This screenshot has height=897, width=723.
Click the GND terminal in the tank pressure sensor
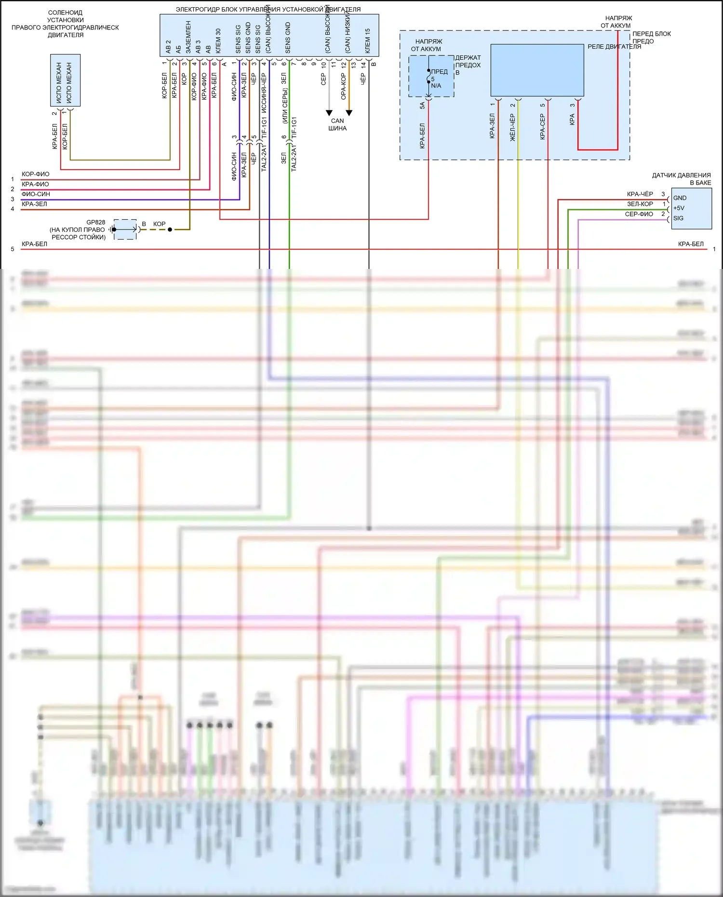coord(680,198)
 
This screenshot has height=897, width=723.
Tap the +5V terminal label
coord(679,208)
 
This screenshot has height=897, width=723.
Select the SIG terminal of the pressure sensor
coord(678,218)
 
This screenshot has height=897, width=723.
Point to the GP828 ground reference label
coord(95,222)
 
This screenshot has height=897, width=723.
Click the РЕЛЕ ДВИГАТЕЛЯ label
coord(614,47)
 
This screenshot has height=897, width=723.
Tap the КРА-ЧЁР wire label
coord(640,194)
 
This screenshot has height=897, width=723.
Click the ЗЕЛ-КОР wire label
coord(640,204)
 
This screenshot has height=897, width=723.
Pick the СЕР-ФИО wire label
coord(639,214)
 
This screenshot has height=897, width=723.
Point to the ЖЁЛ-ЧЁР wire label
coord(513,128)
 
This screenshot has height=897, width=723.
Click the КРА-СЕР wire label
coord(542,127)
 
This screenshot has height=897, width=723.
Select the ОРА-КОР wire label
coord(344,86)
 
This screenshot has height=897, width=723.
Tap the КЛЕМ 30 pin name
coord(218,40)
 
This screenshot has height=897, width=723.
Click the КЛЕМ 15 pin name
coord(368,40)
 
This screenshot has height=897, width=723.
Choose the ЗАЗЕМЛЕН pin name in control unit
coord(188,37)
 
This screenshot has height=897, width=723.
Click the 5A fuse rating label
coord(422,105)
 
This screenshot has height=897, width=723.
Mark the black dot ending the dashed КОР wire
coord(170,229)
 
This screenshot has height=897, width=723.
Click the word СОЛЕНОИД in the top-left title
coord(65,13)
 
